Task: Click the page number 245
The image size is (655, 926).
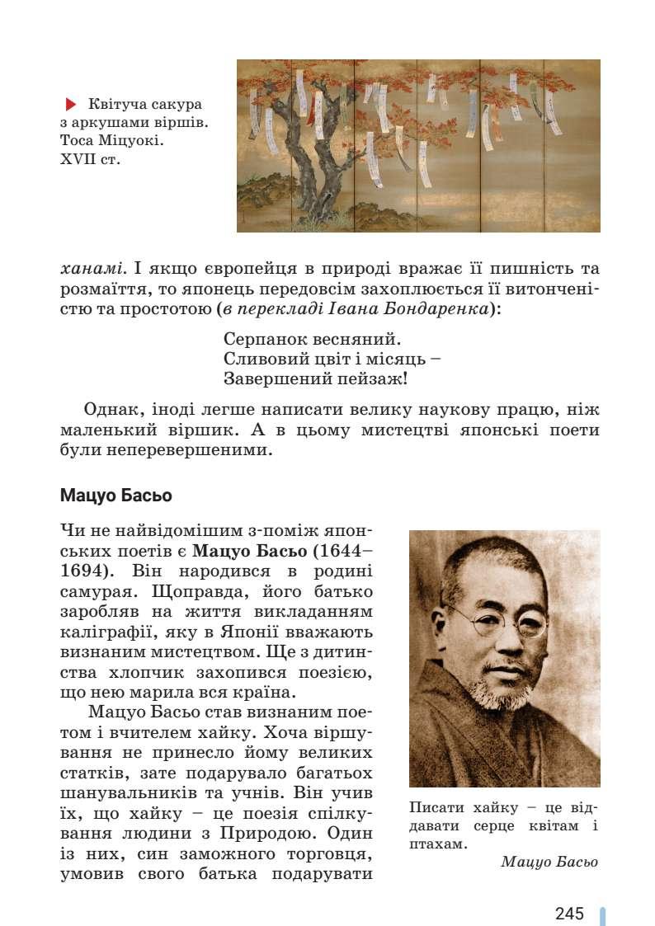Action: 569,913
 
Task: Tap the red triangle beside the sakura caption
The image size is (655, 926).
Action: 71,105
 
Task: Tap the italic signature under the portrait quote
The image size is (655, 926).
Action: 549,862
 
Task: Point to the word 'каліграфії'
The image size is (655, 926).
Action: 100,632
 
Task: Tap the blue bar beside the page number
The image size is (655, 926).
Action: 602,914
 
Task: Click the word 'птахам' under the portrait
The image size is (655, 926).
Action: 436,844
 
